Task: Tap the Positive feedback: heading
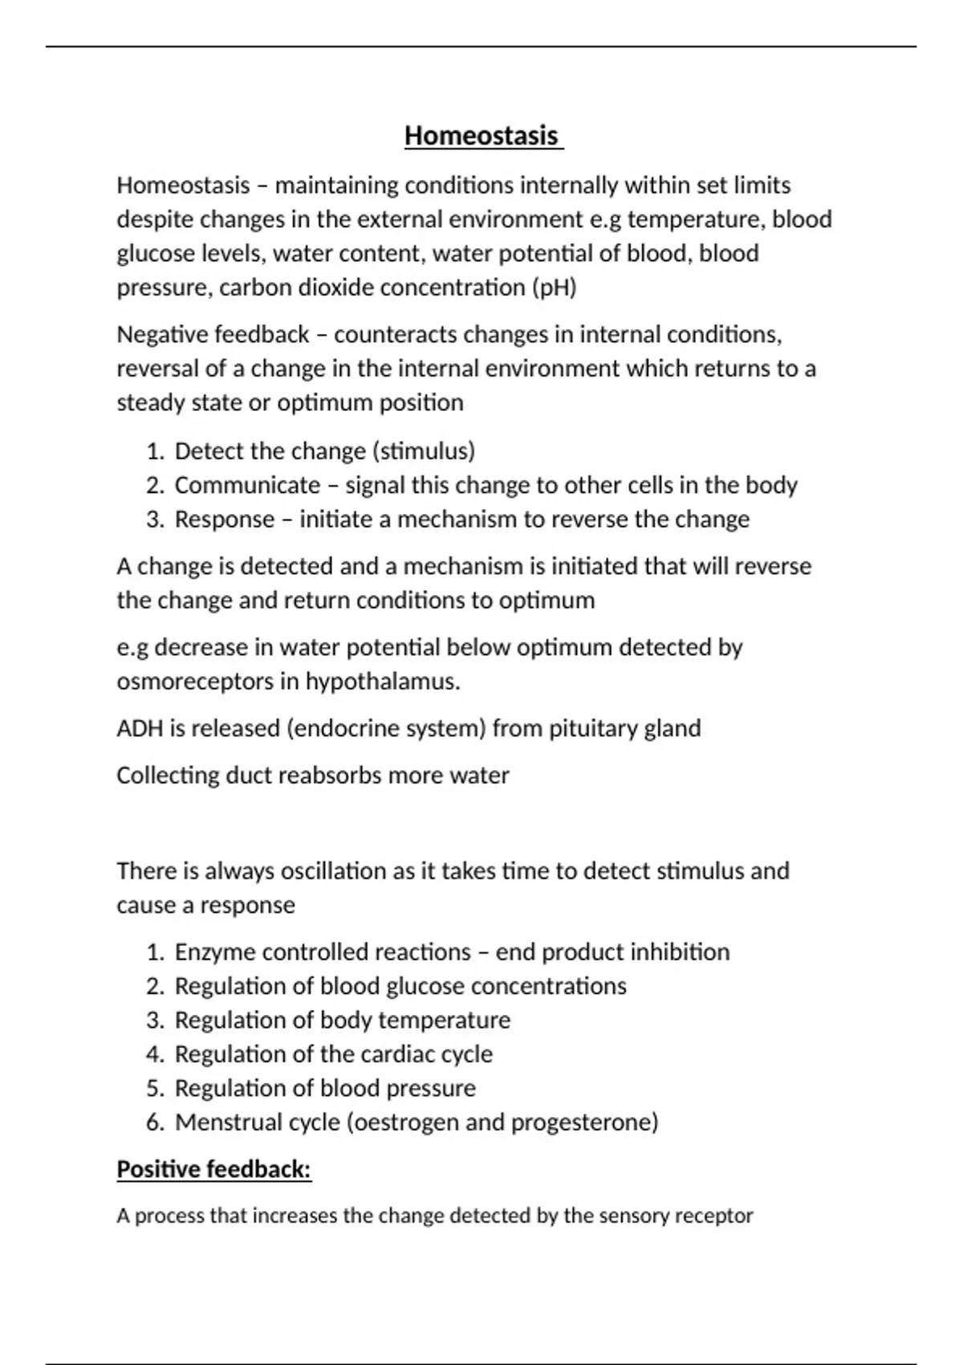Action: pyautogui.click(x=213, y=1169)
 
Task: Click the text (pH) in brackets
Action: pyautogui.click(x=555, y=287)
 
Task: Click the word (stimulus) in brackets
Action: pyautogui.click(x=425, y=451)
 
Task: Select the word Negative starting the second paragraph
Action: pyautogui.click(x=162, y=335)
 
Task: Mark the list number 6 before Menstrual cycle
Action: pyautogui.click(x=154, y=1123)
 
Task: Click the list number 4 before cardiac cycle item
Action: pyautogui.click(x=154, y=1054)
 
